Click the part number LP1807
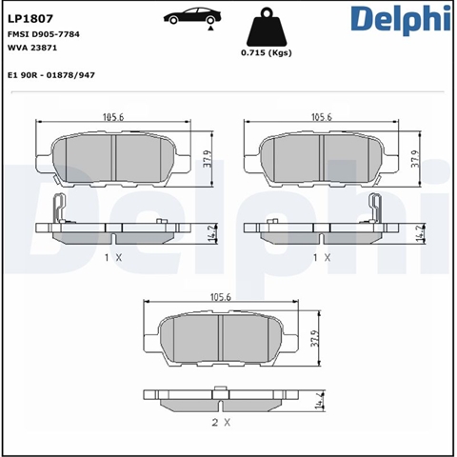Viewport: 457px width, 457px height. coord(30,19)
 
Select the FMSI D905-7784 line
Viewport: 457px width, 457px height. coord(44,34)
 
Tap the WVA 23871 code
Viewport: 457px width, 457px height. coord(32,48)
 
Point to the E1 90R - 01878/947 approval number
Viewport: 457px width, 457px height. coord(51,75)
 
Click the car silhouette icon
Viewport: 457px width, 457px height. coord(192,17)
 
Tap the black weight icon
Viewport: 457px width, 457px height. coord(267,28)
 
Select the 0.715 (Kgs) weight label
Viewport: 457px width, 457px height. coord(267,53)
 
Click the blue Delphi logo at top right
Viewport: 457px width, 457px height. coord(401,20)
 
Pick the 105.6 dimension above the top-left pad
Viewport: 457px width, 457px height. coord(113,117)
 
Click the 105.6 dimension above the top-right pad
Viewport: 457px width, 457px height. coord(322,117)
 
